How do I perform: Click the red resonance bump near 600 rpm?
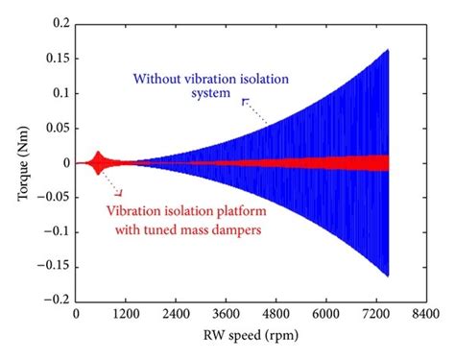point(98,163)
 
